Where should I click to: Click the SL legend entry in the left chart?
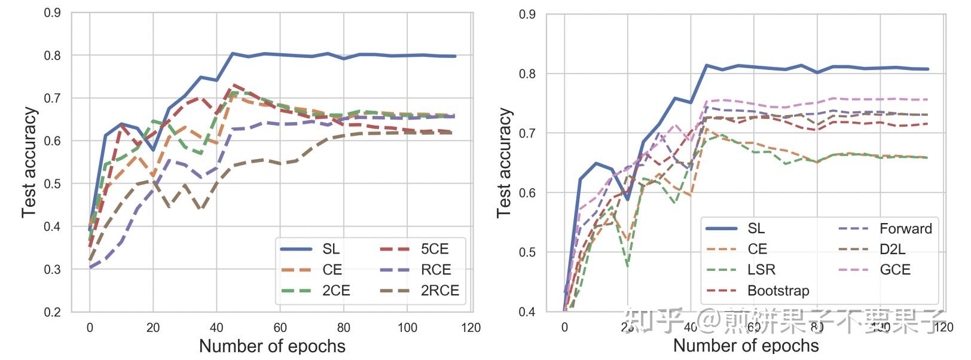click(x=331, y=249)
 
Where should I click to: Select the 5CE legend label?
click(x=434, y=249)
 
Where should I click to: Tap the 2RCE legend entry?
click(x=439, y=291)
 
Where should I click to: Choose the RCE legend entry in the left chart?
click(x=435, y=270)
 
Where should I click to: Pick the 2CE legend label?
click(x=335, y=291)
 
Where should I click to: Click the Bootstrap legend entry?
click(x=778, y=291)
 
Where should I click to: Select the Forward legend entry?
click(x=905, y=228)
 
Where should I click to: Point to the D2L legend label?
click(x=892, y=249)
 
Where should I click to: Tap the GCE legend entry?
click(x=894, y=270)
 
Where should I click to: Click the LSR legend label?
click(x=761, y=270)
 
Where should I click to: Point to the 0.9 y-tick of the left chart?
click(x=53, y=13)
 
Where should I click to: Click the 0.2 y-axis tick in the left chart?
click(x=53, y=312)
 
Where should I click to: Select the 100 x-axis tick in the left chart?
click(x=407, y=328)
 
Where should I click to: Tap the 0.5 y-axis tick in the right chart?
click(x=527, y=252)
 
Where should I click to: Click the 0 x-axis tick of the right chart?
click(x=564, y=327)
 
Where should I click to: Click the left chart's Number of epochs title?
click(x=272, y=346)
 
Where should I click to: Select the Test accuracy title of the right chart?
click(x=505, y=163)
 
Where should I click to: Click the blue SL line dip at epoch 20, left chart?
click(x=153, y=150)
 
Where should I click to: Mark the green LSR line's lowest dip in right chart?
click(x=628, y=266)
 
